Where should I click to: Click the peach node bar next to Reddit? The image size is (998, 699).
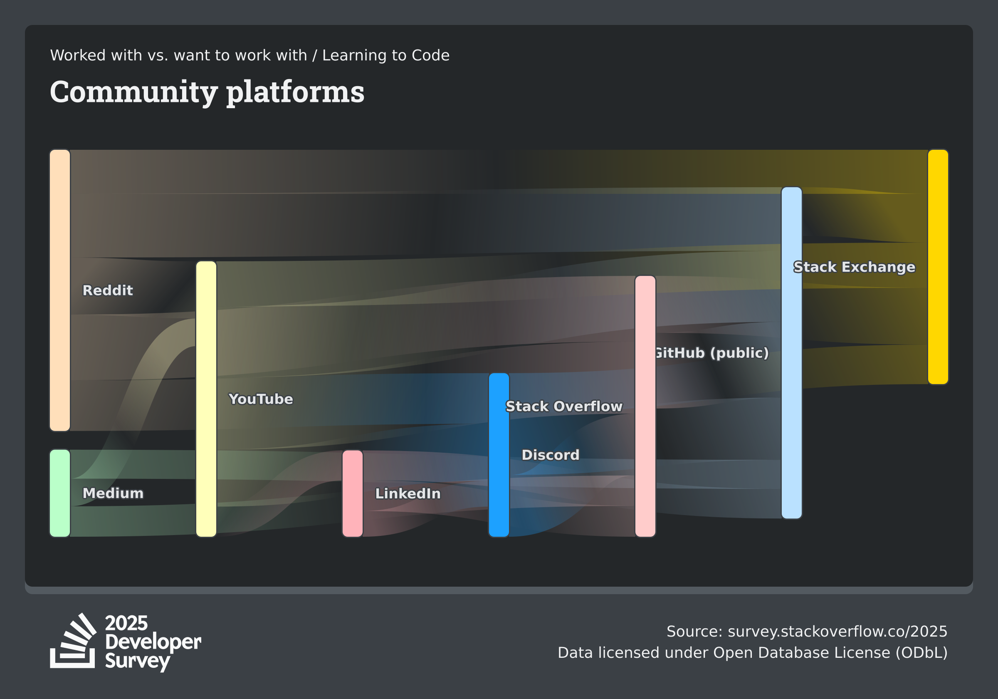click(x=60, y=290)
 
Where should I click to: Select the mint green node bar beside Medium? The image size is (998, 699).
click(x=60, y=493)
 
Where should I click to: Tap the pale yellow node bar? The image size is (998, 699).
click(x=206, y=399)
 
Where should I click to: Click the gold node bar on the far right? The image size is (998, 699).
click(x=938, y=267)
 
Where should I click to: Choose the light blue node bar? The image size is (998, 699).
click(x=791, y=353)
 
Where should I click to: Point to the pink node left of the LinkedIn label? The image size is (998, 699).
click(x=353, y=493)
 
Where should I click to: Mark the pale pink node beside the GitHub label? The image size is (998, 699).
click(x=645, y=406)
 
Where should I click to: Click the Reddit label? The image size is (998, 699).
click(x=108, y=290)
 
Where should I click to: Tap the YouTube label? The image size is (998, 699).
click(x=261, y=399)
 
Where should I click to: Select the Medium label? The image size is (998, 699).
click(x=113, y=493)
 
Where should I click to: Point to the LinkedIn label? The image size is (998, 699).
click(x=408, y=493)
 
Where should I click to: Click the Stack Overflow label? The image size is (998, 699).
click(x=564, y=406)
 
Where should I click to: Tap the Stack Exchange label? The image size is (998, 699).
click(x=855, y=267)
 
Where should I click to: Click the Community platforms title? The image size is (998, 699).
click(x=208, y=92)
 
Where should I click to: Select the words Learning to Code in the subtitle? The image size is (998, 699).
click(x=386, y=55)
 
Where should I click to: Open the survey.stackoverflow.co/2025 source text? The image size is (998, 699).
click(x=837, y=631)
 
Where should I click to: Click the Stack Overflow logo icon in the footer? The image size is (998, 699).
click(x=73, y=641)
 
